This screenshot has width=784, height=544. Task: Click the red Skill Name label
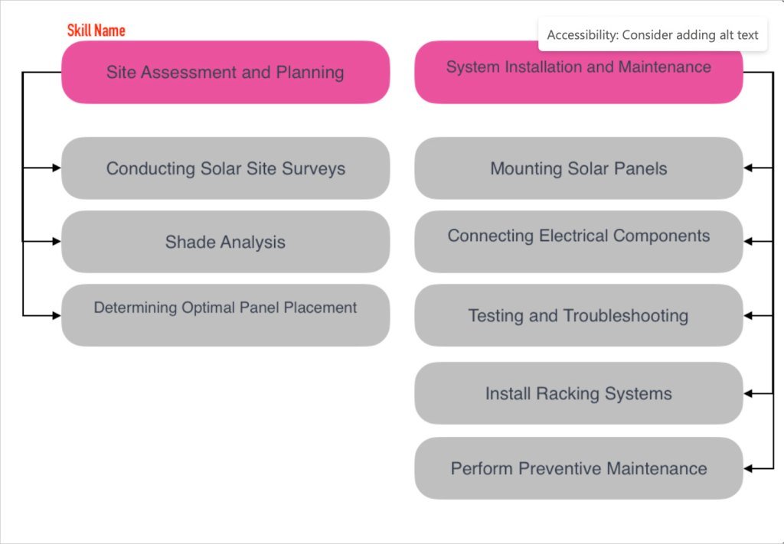[96, 31]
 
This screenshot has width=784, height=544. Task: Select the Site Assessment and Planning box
[226, 73]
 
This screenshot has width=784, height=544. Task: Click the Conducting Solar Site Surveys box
[226, 168]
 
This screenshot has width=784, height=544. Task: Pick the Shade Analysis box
[226, 242]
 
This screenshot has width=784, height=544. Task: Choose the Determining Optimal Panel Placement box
[226, 315]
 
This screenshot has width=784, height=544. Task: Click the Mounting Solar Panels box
[579, 168]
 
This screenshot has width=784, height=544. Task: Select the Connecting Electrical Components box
[579, 242]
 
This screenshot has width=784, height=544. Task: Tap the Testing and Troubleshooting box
[579, 315]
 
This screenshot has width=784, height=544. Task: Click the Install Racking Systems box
[579, 393]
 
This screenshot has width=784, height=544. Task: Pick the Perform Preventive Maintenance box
[579, 468]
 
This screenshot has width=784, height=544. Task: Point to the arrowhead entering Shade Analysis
[57, 241]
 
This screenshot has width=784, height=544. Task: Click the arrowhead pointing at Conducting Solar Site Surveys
[57, 168]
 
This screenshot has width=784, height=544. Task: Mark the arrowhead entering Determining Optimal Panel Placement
[57, 316]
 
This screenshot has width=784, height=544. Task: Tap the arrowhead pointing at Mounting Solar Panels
[748, 168]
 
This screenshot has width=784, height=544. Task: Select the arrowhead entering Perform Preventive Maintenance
[748, 468]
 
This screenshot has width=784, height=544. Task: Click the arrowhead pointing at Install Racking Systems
[748, 393]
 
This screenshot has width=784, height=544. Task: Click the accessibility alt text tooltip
[652, 34]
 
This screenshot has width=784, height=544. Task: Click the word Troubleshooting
[626, 316]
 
